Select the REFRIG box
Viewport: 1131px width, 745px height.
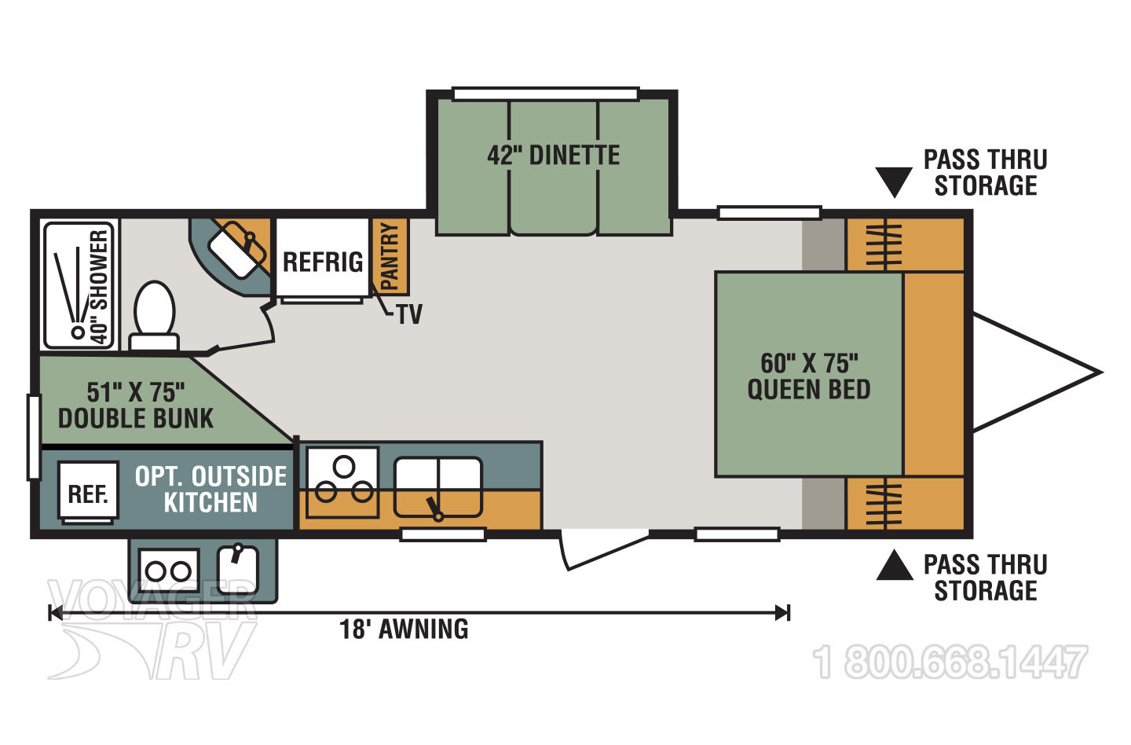coord(323,261)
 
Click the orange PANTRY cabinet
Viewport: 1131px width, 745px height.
coord(390,255)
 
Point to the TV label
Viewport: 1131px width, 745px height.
coord(409,314)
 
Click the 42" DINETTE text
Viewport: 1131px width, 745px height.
coord(553,155)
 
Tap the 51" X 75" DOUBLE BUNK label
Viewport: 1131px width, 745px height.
coord(136,405)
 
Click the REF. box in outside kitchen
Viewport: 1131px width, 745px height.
coord(88,494)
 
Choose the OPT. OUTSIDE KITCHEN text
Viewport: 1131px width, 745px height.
coord(210,489)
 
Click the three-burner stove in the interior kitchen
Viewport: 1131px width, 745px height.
coord(342,481)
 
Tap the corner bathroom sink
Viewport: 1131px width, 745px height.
coord(239,247)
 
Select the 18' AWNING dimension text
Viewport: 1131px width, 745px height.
coord(404,629)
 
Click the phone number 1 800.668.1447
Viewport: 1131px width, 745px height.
coord(950,662)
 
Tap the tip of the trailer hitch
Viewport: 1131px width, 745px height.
coord(1100,372)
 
